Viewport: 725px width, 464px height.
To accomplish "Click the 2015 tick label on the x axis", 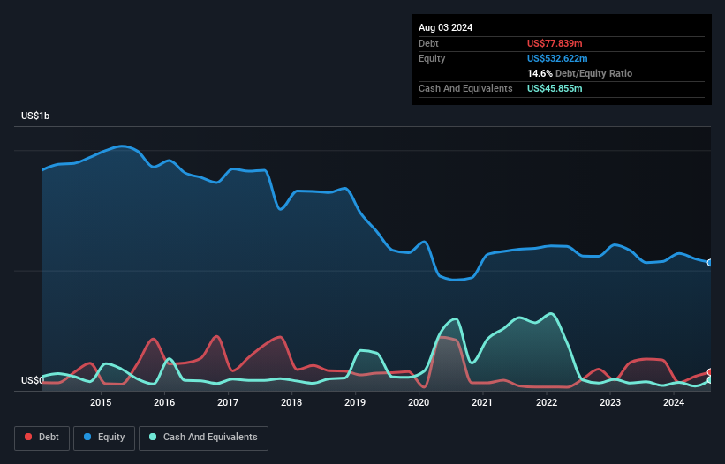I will click(101, 403).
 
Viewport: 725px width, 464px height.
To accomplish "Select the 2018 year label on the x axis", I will click(291, 403).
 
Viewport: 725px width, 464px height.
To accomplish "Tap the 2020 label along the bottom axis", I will click(419, 403).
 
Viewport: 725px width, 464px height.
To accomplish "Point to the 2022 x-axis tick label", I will click(546, 403).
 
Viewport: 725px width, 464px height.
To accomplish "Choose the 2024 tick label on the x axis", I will click(674, 403).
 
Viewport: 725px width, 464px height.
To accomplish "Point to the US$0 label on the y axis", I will click(33, 380).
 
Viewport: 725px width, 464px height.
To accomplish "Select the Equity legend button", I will click(104, 438).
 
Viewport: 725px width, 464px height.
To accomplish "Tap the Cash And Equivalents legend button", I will click(203, 438).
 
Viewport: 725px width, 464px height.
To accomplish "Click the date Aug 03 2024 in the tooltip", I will click(445, 27).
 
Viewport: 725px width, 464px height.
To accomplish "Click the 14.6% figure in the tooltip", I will click(540, 73).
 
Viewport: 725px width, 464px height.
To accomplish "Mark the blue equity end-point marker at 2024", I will click(710, 263).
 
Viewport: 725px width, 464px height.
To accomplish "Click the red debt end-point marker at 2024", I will click(710, 372).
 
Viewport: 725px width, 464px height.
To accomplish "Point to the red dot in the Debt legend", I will click(29, 438).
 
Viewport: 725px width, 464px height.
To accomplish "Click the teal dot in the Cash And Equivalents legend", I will click(153, 438).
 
